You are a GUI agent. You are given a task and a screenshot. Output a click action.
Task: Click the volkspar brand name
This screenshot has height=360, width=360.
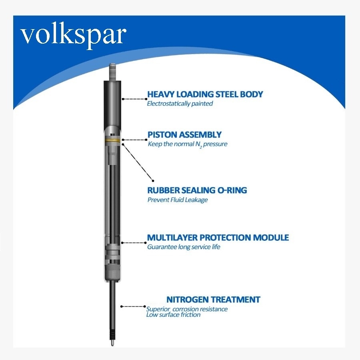pyautogui.click(x=74, y=37)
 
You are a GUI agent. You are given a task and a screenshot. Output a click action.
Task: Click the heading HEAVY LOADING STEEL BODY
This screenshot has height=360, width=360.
pyautogui.click(x=205, y=94)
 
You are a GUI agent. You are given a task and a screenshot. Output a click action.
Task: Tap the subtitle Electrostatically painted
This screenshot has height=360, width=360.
pyautogui.click(x=180, y=104)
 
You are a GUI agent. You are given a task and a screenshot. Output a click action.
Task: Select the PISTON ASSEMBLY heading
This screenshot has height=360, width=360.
pyautogui.click(x=184, y=134)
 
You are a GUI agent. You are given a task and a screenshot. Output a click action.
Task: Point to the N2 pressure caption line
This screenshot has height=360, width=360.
pyautogui.click(x=188, y=144)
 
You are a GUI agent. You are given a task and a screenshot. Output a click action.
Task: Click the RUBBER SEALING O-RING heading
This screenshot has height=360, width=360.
pyautogui.click(x=197, y=190)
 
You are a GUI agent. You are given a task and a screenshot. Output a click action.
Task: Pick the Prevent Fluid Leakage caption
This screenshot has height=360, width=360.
pyautogui.click(x=178, y=200)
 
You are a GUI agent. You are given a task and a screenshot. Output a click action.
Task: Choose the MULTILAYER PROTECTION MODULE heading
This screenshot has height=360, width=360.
pyautogui.click(x=218, y=237)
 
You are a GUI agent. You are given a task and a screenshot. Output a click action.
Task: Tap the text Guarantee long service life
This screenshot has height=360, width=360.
pyautogui.click(x=184, y=247)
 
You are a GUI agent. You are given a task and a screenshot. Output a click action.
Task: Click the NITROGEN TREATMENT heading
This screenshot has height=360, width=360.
pyautogui.click(x=213, y=300)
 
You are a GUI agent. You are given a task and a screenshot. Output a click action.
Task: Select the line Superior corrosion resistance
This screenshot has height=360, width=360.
pyautogui.click(x=187, y=309)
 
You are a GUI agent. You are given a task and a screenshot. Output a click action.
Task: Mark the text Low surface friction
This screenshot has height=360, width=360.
pyautogui.click(x=173, y=314)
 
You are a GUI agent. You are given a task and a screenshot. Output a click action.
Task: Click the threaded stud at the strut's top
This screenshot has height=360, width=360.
pyautogui.click(x=113, y=72)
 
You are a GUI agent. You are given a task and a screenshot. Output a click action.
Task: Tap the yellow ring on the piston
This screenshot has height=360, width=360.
pyautogui.click(x=112, y=140)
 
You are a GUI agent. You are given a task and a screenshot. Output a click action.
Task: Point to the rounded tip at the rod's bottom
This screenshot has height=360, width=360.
pyautogui.click(x=112, y=343)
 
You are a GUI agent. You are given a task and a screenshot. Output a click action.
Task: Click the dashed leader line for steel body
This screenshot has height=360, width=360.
pyautogui.click(x=134, y=99)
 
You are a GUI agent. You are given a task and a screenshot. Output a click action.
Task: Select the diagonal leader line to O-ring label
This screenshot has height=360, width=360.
pyautogui.click(x=138, y=162)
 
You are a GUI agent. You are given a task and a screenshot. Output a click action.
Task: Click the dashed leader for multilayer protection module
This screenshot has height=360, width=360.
pyautogui.click(x=134, y=243)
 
